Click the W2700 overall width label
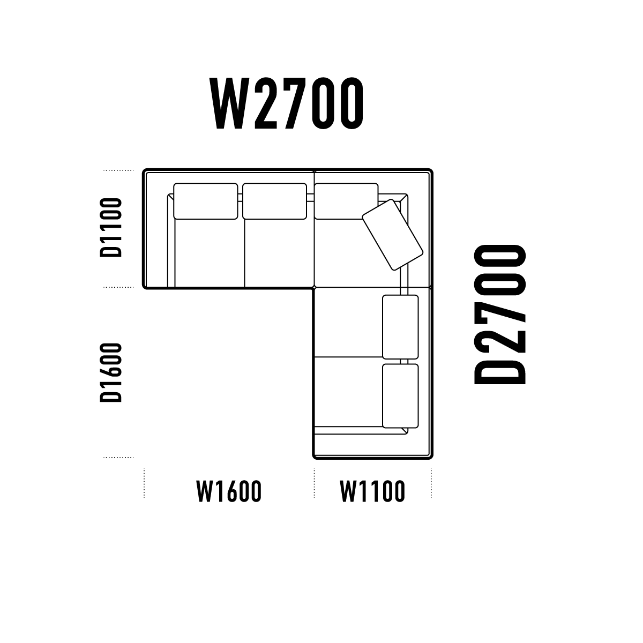286,103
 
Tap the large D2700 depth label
500,315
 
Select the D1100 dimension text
111,228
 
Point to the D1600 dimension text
111,372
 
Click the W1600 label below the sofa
229,491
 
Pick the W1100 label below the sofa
372,491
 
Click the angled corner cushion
393,235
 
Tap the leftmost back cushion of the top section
206,201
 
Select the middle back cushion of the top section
275,201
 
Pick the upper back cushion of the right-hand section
400,327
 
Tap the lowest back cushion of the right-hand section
400,396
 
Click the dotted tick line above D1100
118,170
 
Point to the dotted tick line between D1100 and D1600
118,287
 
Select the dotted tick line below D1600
118,458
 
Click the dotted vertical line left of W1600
144,483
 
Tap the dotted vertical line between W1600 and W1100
314,483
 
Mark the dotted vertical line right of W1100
431,483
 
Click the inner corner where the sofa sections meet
314,287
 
